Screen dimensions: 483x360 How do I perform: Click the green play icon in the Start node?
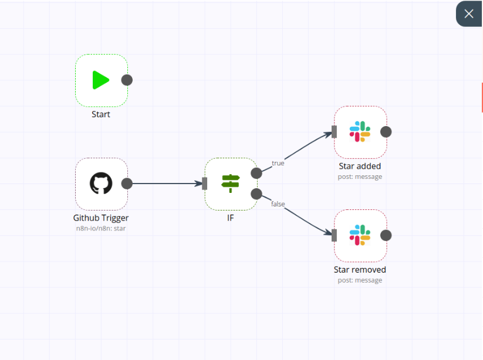[x=100, y=80]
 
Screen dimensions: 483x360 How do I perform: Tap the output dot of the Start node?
[x=127, y=80]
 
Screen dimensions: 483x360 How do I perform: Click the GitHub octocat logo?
[x=101, y=183]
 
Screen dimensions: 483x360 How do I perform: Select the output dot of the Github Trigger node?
[x=127, y=184]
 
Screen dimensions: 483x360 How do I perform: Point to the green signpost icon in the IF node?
[x=231, y=183]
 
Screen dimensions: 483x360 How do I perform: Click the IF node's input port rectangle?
[x=205, y=184]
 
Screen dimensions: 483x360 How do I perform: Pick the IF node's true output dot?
[x=256, y=173]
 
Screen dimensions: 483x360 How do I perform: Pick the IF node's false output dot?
[x=256, y=194]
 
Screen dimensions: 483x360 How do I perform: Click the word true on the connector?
[x=278, y=163]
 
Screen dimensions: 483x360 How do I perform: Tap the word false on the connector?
[x=278, y=204]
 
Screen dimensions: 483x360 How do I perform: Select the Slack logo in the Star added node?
[x=360, y=132]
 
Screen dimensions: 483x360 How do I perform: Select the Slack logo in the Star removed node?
[x=360, y=235]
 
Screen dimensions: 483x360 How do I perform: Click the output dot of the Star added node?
[x=386, y=132]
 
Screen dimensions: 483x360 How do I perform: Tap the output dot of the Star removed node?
[x=386, y=235]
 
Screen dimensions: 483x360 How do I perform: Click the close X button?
[x=469, y=14]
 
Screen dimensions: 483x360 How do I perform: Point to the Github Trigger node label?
[x=101, y=218]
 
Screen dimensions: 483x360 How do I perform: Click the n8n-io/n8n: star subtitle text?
[x=101, y=228]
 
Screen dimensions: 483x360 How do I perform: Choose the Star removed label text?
[x=360, y=270]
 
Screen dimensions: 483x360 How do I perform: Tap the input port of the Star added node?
[x=334, y=132]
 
